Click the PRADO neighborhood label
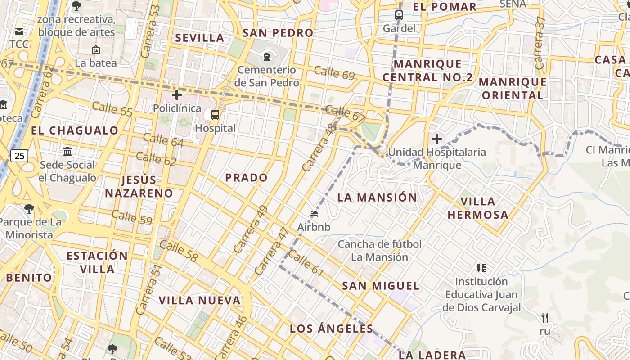[x=246, y=178]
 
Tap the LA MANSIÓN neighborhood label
[x=377, y=198]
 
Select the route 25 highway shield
[x=19, y=156]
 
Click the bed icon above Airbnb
[x=314, y=213]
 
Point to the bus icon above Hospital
[x=215, y=114]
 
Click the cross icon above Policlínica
[x=177, y=95]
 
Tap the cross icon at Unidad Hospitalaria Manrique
[x=436, y=139]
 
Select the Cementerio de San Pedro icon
[x=267, y=56]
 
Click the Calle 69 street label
[x=334, y=72]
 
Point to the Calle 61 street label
[x=306, y=263]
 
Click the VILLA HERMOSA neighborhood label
[x=478, y=208]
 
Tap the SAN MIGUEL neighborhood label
[x=380, y=286]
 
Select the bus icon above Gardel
[x=399, y=15]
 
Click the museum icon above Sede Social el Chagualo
[x=67, y=151]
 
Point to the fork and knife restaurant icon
[x=545, y=318]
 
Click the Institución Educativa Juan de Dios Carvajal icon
[x=481, y=268]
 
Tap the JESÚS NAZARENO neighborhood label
[x=139, y=187]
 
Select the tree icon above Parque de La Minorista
[x=29, y=208]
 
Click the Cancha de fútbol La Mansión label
[x=379, y=251]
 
